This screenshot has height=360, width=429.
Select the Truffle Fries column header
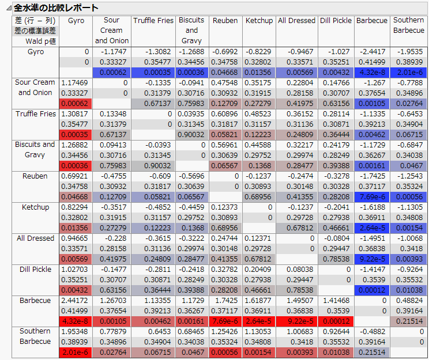(153, 21)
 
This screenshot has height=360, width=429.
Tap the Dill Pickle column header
(335, 21)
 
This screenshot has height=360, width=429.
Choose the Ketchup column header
(259, 21)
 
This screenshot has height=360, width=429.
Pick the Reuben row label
(35, 176)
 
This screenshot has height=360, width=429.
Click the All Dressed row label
(35, 238)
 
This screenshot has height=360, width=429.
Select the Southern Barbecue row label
(35, 336)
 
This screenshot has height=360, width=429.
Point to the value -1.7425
(372, 176)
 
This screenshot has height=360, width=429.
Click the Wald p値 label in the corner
(41, 41)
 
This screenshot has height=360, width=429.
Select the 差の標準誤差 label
(35, 31)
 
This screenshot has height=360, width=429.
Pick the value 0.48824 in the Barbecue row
(408, 300)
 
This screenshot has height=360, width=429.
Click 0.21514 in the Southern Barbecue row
(372, 352)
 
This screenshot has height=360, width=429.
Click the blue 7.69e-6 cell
(372, 196)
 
